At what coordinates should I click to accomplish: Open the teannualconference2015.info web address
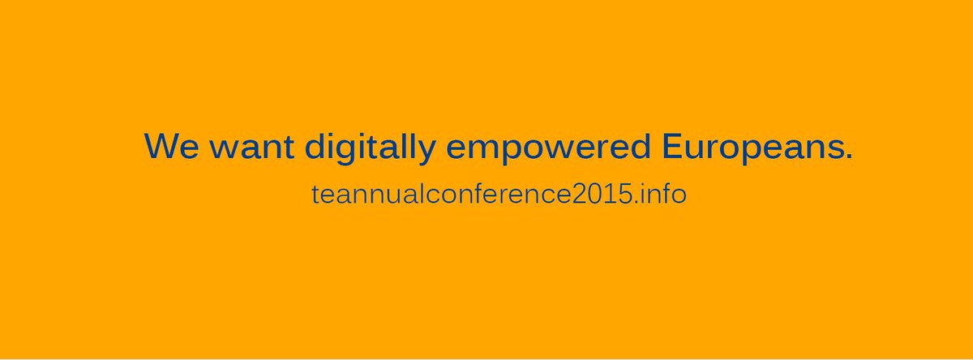point(499,195)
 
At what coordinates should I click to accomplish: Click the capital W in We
point(163,146)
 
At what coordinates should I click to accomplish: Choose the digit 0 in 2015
point(586,195)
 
